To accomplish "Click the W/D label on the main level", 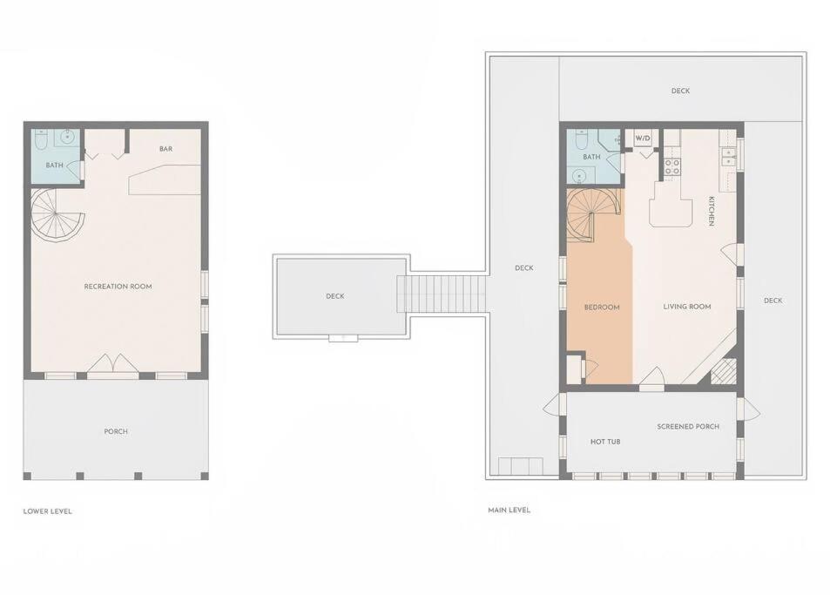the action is [643, 139].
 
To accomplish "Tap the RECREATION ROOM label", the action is [118, 287].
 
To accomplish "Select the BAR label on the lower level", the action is [165, 149].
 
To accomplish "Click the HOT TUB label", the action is [605, 442].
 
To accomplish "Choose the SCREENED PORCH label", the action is [688, 426].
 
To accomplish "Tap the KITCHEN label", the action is [712, 211].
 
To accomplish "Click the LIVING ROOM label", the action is [687, 307].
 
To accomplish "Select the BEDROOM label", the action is [602, 307].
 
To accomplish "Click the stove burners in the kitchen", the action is [672, 167].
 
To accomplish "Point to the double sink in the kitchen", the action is [728, 158].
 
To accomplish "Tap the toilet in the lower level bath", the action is [41, 139].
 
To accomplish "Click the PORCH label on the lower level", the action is [116, 431].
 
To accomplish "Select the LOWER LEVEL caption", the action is [48, 511].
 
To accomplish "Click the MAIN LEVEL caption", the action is [509, 510].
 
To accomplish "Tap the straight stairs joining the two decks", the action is [442, 294].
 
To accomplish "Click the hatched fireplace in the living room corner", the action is [724, 371].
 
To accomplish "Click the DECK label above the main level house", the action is [680, 91].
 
